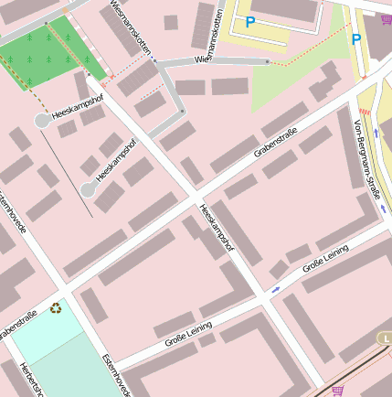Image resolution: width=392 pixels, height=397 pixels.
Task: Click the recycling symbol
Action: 57,308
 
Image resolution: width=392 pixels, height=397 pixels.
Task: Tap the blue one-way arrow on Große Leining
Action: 276,289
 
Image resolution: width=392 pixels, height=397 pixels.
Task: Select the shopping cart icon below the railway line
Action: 338,390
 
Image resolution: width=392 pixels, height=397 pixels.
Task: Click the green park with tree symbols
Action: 50,50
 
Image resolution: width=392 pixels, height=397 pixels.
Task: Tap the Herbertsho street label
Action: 26,379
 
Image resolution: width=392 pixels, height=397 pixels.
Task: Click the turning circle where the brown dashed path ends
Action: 42,121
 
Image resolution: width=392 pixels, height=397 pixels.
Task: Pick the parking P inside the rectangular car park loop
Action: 249,22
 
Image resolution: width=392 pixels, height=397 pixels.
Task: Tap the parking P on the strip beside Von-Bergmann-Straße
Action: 355,40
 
